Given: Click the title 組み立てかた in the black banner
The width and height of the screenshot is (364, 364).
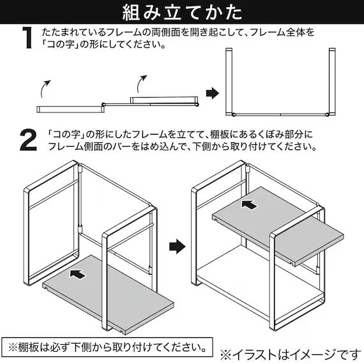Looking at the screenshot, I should tap(182, 12).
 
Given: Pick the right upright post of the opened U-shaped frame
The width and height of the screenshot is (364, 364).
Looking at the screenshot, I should tap(331, 81).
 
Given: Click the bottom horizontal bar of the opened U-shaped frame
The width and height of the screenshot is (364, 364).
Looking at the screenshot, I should tap(280, 112).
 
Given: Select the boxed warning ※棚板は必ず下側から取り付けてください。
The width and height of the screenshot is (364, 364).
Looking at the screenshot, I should tap(107, 349).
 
